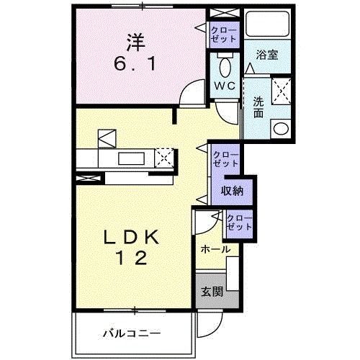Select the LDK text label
click(136, 238)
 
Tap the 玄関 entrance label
click(211, 292)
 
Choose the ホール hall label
click(216, 249)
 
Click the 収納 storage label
click(231, 191)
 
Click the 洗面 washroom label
click(257, 108)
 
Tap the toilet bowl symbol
click(224, 67)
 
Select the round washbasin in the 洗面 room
click(279, 129)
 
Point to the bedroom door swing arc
click(192, 92)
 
